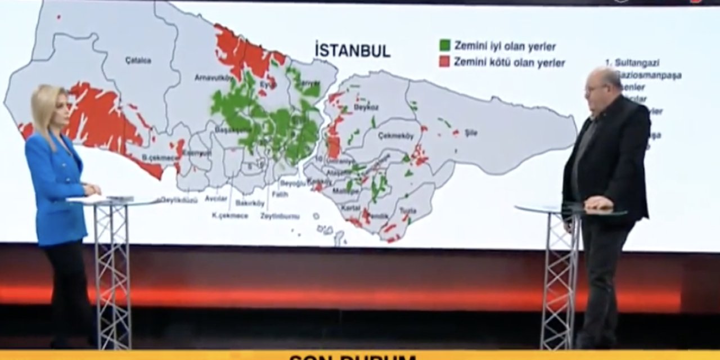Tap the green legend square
445,45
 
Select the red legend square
445,62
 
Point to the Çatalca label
138,60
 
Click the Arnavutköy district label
210,78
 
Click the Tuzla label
408,210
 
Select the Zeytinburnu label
280,216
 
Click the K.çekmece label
229,215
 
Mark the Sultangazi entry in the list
636,62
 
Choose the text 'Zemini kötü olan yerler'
509,62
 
